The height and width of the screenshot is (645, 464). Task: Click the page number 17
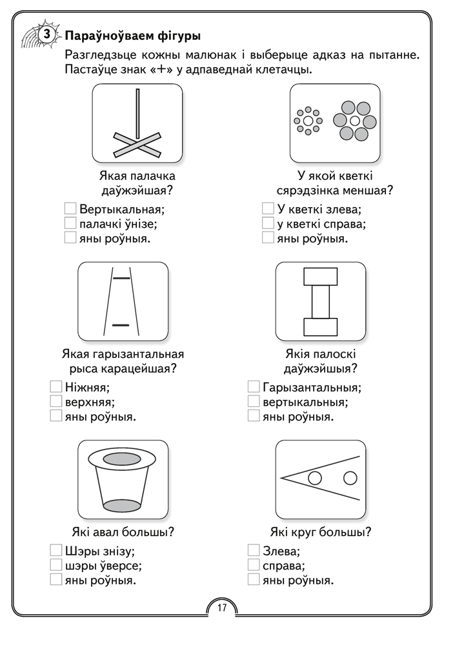coord(221,608)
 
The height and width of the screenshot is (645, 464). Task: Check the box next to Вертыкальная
coord(71,209)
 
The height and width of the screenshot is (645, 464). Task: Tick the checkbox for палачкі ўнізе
coord(71,223)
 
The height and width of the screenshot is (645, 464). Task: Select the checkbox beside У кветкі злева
coord(268,209)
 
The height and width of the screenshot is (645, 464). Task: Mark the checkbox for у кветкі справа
coord(268,223)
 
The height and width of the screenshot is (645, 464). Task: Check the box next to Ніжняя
coord(55,387)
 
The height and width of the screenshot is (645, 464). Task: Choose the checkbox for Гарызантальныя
coord(254,387)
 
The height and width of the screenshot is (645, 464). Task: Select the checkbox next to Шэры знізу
coord(55,551)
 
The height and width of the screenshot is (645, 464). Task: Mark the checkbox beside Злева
coord(254,551)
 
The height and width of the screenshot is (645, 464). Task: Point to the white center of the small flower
coord(308,121)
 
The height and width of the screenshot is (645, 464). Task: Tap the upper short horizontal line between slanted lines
coord(121,278)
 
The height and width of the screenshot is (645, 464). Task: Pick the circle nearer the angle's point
coord(316,478)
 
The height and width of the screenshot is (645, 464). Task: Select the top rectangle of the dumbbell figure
coord(320,277)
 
